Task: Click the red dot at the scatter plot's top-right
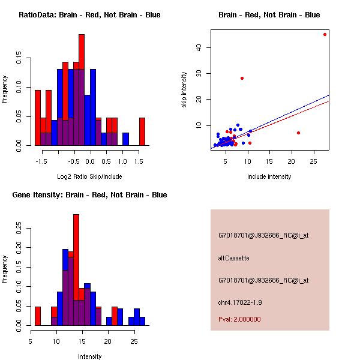tap(325, 35)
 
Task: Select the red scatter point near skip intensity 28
tap(242, 78)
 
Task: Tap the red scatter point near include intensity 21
tap(298, 133)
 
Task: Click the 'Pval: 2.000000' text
tap(239, 319)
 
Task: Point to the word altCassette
tap(234, 258)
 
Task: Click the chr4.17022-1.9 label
tap(240, 302)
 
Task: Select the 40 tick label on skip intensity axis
tap(199, 48)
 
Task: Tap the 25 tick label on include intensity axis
tap(314, 161)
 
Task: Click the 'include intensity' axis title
tap(269, 176)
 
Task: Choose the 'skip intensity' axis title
tap(184, 89)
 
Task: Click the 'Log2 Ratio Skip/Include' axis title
tap(89, 176)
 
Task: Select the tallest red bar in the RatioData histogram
tap(82, 52)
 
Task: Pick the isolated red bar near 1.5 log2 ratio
tap(142, 131)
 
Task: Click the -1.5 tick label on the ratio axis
tap(41, 161)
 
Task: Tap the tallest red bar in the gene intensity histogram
tap(76, 257)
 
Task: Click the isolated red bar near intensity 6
tap(38, 316)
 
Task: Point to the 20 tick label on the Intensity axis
tap(107, 341)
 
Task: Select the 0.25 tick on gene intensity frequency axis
tap(19, 228)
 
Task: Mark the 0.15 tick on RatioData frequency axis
tap(19, 58)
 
